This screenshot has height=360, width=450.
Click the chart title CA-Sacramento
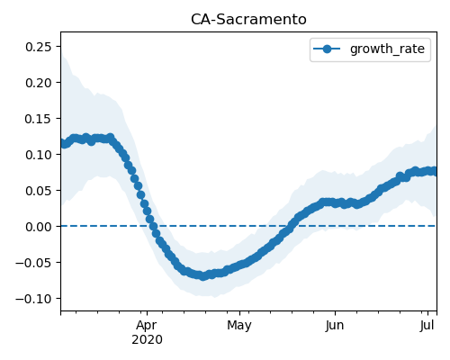[248, 20]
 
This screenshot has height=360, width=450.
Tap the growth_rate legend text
[387, 49]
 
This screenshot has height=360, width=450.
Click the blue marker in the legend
[327, 49]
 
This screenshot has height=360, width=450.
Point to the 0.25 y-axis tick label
[38, 47]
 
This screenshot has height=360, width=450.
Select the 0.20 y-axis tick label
[38, 83]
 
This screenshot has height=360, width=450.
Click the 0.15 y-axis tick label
[38, 119]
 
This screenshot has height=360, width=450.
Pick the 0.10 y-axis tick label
[38, 155]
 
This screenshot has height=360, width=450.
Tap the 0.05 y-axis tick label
[38, 191]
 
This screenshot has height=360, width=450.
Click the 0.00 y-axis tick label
[38, 227]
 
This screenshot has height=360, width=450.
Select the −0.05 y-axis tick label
[33, 263]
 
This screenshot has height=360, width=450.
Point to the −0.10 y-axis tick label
[33, 299]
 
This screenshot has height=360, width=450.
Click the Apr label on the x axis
[147, 325]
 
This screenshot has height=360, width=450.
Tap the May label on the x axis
[239, 325]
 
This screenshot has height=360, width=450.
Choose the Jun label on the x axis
[335, 325]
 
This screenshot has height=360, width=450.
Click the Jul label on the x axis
[427, 325]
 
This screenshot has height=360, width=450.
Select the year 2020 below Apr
[147, 339]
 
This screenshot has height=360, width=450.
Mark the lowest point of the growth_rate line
[203, 276]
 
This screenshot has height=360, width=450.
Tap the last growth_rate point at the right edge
[436, 171]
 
